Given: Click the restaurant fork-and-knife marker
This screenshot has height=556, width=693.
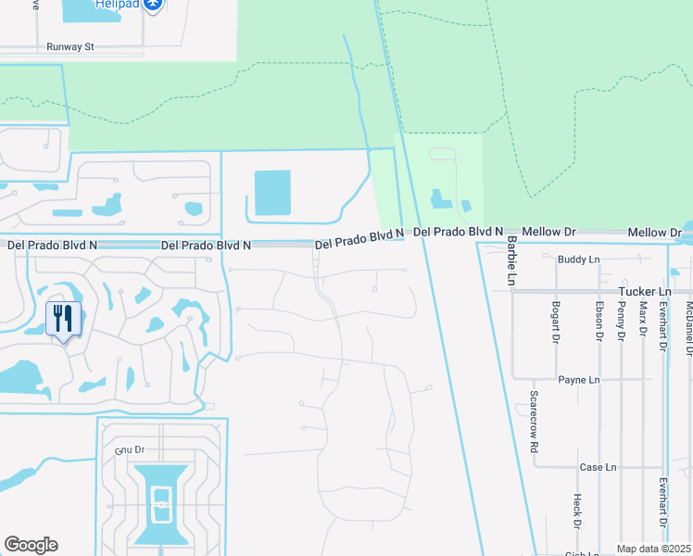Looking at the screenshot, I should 63,320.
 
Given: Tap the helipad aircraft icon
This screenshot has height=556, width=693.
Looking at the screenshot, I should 154,6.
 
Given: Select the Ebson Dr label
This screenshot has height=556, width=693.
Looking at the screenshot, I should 599,321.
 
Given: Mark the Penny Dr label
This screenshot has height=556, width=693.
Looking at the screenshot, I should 621,321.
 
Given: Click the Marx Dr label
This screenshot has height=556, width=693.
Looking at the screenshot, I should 642,321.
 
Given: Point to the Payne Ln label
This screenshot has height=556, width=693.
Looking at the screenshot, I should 579,380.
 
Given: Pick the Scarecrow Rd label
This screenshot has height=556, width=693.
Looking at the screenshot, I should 535,421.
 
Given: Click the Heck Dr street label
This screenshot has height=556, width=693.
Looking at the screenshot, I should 576,511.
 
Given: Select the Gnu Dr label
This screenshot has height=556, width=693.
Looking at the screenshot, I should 132,449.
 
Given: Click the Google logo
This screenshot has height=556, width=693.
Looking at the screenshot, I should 31,545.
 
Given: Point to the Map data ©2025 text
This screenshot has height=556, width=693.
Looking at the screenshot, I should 653,549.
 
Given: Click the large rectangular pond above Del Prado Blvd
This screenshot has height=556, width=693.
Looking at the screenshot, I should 272,193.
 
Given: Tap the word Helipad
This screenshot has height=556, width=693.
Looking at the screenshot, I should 117,5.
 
